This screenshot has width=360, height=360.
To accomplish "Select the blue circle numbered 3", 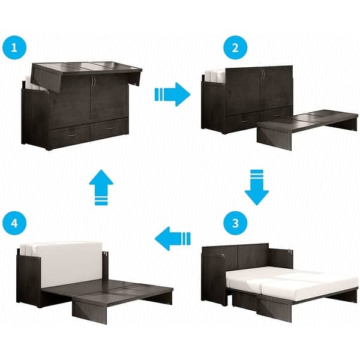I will click(233, 223).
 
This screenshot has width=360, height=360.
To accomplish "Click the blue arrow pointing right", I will click(172, 94).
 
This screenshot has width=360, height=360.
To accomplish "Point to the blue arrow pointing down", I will click(256, 187).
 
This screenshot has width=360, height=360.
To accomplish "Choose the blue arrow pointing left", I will click(172, 239).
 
